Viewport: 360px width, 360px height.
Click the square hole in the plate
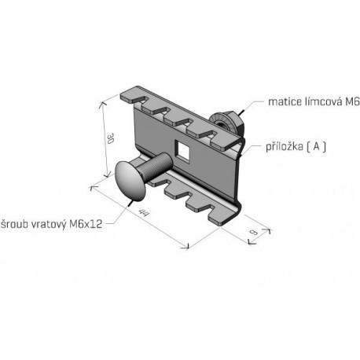tap(182, 151)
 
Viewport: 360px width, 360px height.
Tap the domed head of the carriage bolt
tap(130, 181)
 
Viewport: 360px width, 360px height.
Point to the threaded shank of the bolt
tap(156, 167)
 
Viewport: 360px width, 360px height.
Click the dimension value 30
tap(111, 138)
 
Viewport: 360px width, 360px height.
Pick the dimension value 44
tap(144, 212)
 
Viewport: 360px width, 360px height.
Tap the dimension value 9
tap(255, 232)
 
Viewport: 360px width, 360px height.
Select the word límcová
tap(323, 101)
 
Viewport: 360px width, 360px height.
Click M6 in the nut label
tap(352, 101)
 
